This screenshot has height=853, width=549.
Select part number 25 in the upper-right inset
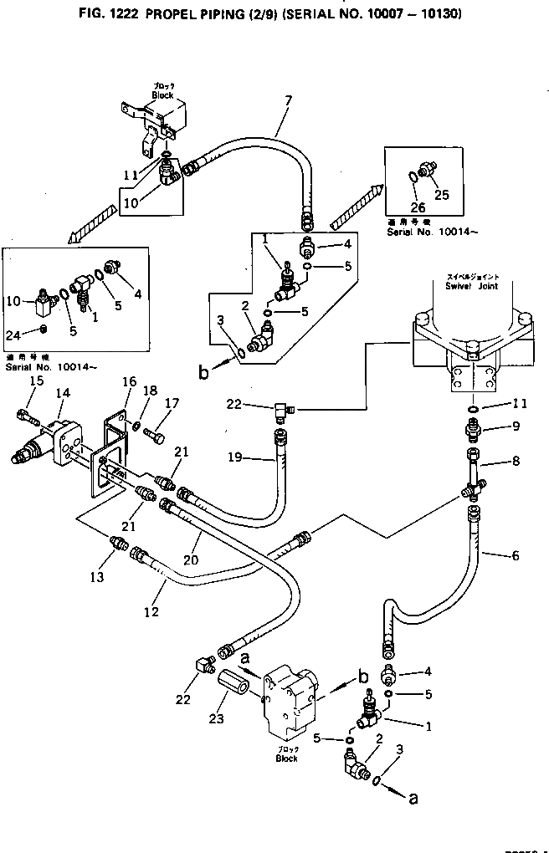click(442, 195)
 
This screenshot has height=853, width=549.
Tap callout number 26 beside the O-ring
click(418, 207)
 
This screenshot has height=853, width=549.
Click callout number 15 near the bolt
click(36, 381)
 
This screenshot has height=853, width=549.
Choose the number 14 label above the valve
click(62, 392)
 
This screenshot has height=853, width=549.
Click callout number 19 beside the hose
click(235, 457)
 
